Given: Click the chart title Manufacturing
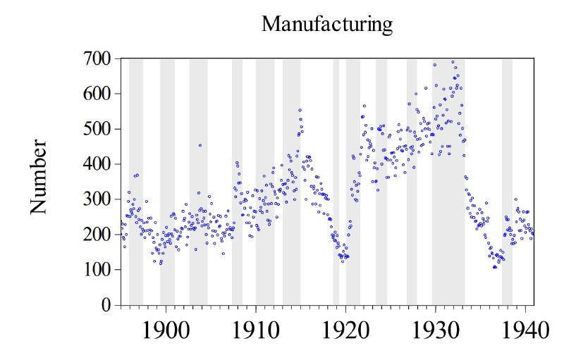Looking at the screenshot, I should (326, 25).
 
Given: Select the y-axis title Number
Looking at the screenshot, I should (39, 177).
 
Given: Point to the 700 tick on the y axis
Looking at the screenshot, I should (97, 58).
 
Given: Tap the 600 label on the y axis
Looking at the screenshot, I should (97, 94).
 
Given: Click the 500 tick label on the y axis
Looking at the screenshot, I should (97, 129).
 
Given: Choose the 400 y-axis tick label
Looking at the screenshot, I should (97, 164).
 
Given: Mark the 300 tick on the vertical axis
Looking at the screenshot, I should (97, 199).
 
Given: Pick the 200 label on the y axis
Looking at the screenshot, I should (97, 235).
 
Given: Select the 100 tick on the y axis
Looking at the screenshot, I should (97, 270).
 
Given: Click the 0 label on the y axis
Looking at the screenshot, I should (106, 305).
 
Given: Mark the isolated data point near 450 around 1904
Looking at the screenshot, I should (200, 145).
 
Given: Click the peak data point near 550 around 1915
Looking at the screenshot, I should (300, 110).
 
